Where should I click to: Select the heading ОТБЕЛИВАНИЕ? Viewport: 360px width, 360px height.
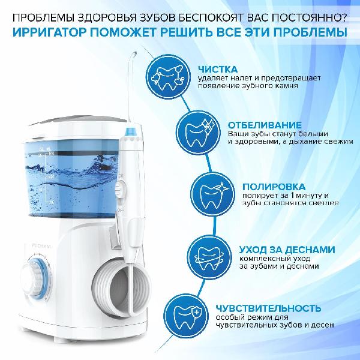click(x=265, y=125)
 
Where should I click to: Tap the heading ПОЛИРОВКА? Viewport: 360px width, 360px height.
click(x=274, y=187)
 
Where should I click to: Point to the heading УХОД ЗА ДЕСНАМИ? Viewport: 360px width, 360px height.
click(x=287, y=250)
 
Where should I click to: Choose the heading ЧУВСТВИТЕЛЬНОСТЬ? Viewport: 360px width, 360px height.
click(x=268, y=308)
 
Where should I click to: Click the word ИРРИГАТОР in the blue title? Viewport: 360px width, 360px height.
click(x=49, y=32)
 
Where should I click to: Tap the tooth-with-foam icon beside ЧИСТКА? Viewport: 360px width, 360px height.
click(x=168, y=76)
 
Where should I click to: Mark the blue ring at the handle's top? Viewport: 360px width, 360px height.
click(x=131, y=131)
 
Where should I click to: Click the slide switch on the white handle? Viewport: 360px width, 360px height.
click(x=119, y=190)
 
